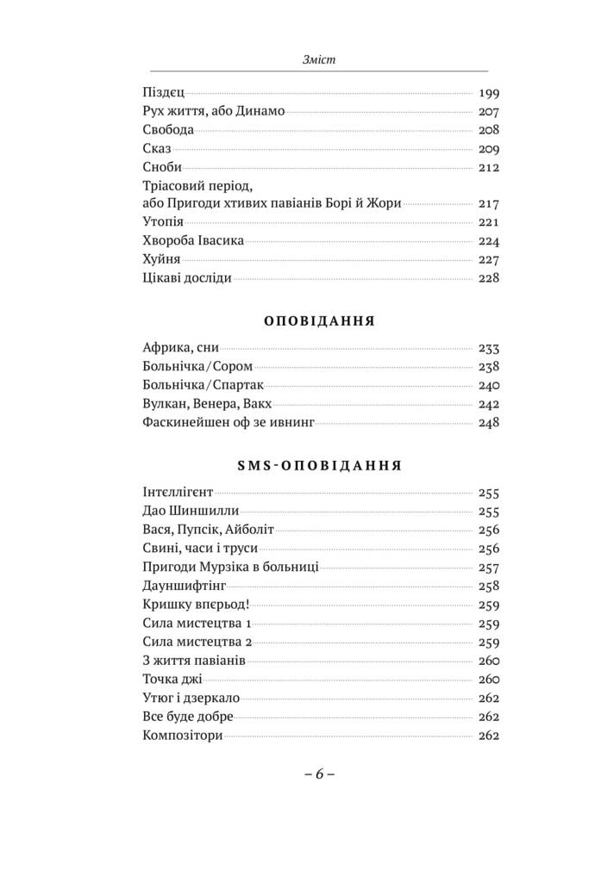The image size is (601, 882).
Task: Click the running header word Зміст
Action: (x=319, y=59)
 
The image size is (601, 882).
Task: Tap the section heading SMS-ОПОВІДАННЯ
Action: (x=316, y=465)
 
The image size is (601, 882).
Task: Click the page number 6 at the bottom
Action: (x=318, y=773)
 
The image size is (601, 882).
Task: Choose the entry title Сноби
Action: (x=160, y=167)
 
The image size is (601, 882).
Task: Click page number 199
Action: (x=489, y=93)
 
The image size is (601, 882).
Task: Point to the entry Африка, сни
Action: (x=178, y=349)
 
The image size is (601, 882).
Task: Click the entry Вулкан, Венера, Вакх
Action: (x=201, y=404)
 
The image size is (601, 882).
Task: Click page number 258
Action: (x=489, y=586)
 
